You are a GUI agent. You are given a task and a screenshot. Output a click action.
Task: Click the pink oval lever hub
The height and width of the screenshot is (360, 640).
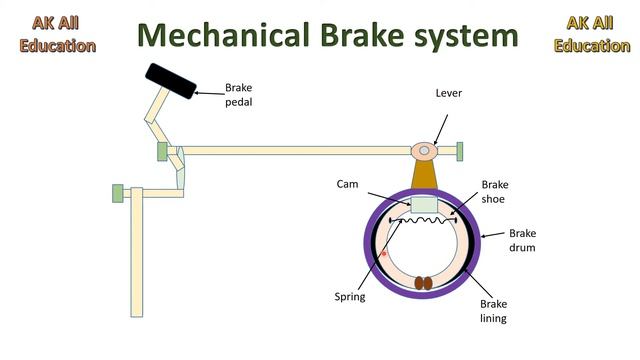[x=425, y=151]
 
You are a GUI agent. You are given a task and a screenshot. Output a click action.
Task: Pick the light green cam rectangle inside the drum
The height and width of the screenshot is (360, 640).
[x=425, y=205]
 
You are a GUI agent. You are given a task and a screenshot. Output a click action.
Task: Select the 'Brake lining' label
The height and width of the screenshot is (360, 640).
[x=496, y=310]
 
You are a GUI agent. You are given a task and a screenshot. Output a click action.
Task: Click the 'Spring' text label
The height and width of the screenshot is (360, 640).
[x=350, y=296]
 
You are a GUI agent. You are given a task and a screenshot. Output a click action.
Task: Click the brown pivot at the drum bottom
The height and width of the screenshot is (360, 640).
[x=425, y=283]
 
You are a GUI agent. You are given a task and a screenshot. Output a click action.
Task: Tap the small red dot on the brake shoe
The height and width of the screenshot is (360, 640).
[x=383, y=254]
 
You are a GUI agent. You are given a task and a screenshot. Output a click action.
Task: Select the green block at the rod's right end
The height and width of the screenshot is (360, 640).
[x=461, y=151]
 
